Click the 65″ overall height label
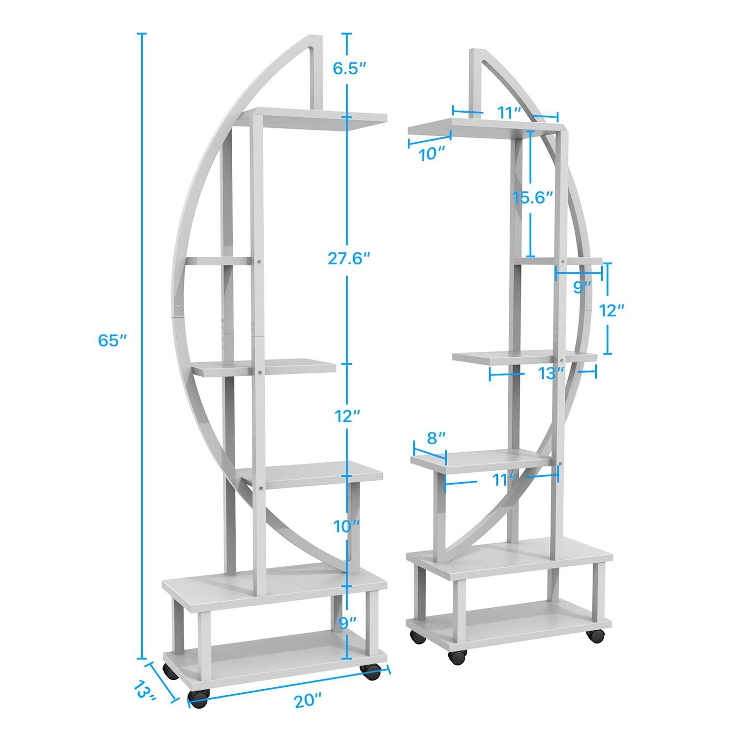coord(113,340)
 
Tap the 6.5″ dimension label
coord(348,69)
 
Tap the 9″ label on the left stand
coord(348,623)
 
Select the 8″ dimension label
coord(436,437)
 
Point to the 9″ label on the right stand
coord(582,287)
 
